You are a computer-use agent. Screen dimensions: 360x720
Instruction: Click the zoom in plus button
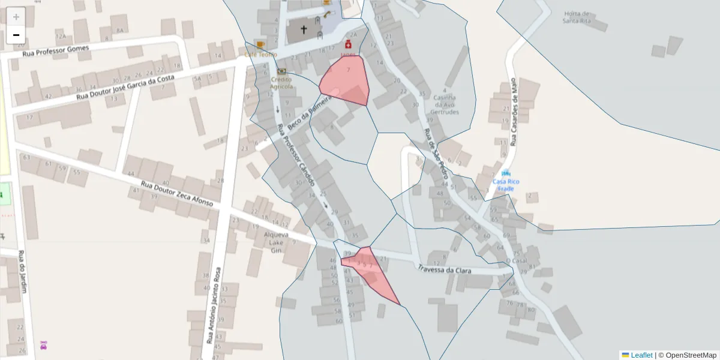coord(16,17)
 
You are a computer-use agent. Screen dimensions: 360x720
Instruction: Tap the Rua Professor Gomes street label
coord(55,51)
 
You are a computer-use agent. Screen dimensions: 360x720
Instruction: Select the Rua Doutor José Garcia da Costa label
coord(125,88)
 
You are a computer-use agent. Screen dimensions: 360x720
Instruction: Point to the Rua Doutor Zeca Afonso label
coord(177,193)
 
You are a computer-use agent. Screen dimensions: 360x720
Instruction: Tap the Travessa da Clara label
coord(445,269)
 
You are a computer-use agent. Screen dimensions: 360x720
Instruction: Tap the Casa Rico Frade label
coord(506,185)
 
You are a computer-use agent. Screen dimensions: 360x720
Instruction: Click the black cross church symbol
coord(304,29)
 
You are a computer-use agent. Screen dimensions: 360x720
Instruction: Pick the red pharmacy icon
coord(347,44)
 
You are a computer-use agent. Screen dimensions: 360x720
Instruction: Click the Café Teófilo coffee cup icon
coord(260,44)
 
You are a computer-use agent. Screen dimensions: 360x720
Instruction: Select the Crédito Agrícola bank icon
coord(281,71)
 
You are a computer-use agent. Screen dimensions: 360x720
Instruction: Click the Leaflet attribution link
coord(641,355)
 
